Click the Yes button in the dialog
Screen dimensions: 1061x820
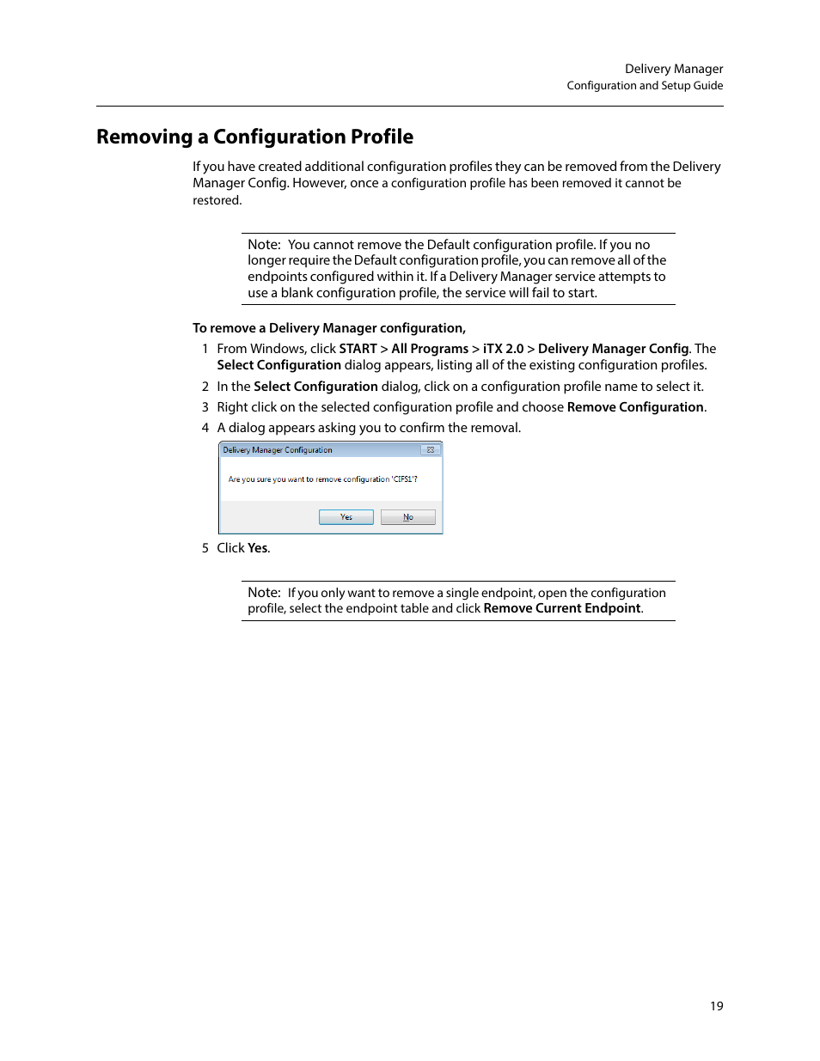click(346, 517)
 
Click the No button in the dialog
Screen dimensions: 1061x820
click(407, 517)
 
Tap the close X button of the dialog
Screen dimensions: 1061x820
click(430, 450)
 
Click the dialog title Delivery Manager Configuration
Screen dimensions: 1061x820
click(278, 450)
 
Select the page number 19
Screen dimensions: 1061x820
click(716, 1006)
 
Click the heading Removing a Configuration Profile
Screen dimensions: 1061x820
click(254, 137)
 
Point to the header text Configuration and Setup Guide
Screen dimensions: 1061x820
click(645, 86)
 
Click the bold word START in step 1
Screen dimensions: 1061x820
click(358, 349)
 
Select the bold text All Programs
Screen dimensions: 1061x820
click(430, 349)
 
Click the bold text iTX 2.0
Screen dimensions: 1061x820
click(503, 349)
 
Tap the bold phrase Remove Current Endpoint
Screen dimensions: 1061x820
click(562, 608)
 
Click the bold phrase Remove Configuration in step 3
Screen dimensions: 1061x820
click(635, 407)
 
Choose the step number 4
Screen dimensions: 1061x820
click(205, 428)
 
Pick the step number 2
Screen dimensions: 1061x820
click(205, 387)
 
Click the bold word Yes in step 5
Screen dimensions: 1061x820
click(258, 548)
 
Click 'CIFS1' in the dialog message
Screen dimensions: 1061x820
click(404, 479)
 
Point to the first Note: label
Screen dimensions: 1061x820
click(264, 245)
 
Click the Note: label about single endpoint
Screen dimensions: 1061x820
click(264, 593)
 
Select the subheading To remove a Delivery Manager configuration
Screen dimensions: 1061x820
click(329, 328)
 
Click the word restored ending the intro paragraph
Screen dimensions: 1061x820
click(217, 200)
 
